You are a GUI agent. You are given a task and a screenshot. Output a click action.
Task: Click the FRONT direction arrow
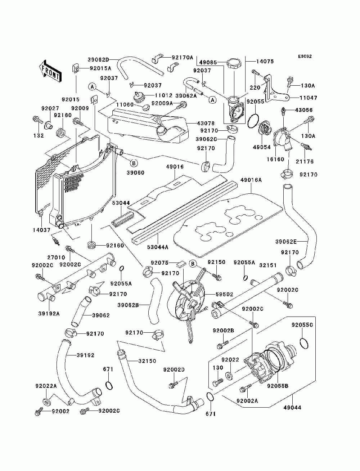pyautogui.click(x=50, y=71)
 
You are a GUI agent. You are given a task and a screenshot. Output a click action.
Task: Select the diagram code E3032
pyautogui.click(x=305, y=57)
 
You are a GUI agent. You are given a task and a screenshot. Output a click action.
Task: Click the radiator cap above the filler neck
pyautogui.click(x=233, y=63)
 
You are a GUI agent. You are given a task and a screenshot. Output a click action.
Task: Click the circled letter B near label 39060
pyautogui.click(x=134, y=163)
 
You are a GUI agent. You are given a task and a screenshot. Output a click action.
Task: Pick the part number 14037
pyautogui.click(x=41, y=230)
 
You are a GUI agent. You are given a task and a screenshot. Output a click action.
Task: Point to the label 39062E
pyautogui.click(x=286, y=242)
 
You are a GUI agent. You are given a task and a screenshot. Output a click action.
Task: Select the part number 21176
pyautogui.click(x=305, y=161)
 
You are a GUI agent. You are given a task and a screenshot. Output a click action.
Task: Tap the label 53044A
pyautogui.click(x=158, y=247)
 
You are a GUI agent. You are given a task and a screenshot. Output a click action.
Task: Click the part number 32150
pyautogui.click(x=147, y=361)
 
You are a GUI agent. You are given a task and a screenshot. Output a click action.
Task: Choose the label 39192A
pyautogui.click(x=49, y=314)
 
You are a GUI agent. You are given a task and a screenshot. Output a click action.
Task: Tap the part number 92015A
pyautogui.click(x=100, y=68)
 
